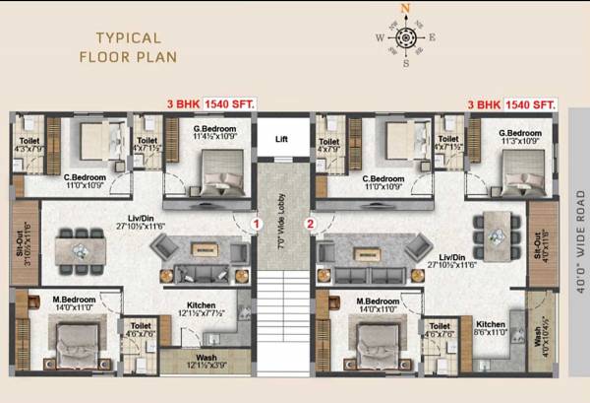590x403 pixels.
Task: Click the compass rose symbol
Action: [x=403, y=38]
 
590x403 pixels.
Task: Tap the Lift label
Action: [x=282, y=140]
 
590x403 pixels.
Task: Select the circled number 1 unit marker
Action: [x=256, y=225]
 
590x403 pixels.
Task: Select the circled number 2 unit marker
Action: [x=311, y=225]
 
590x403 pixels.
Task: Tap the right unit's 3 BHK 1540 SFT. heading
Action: [x=511, y=103]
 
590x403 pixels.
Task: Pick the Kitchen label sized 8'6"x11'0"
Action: [x=491, y=326]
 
